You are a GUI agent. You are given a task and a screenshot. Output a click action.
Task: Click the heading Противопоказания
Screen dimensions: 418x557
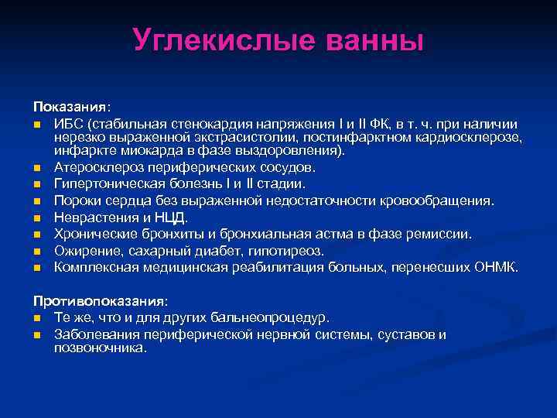(x=100, y=300)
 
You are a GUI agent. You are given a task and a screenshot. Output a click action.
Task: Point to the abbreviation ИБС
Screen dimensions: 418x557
(x=68, y=124)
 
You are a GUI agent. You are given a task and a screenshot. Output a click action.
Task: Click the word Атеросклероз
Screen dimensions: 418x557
(x=97, y=167)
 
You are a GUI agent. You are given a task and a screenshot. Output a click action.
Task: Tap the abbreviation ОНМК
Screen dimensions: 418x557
(x=497, y=268)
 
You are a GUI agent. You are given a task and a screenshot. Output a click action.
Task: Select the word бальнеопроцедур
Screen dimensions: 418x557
(x=278, y=317)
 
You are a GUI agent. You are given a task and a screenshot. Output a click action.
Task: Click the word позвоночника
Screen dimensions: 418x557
(x=99, y=348)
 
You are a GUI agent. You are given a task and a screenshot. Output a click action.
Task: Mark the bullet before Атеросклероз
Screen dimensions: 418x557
(x=36, y=168)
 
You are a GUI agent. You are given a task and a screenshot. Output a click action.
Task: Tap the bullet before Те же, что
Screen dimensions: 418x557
(x=36, y=318)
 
